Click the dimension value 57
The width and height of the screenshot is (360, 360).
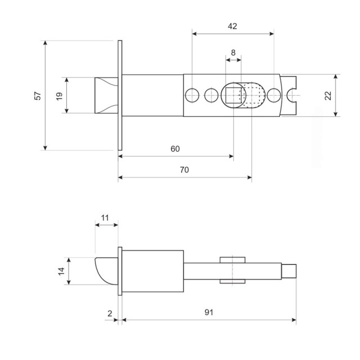click(38, 96)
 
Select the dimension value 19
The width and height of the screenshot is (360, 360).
click(59, 96)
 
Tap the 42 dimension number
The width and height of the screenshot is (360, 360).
click(232, 26)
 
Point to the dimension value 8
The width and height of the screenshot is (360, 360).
click(232, 53)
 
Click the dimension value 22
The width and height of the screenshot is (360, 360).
click(328, 96)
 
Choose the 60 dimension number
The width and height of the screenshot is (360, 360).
click(175, 148)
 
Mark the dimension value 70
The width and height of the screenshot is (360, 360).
click(184, 170)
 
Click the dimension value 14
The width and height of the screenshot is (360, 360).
click(61, 271)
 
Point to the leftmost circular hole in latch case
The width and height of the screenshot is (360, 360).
click(192, 95)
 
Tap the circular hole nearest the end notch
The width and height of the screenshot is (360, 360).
click(274, 95)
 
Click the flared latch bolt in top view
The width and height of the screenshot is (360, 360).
click(105, 95)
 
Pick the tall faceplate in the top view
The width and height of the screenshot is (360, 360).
click(120, 96)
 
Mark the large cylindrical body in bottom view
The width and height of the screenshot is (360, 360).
click(153, 271)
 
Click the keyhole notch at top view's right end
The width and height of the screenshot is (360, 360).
click(291, 95)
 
